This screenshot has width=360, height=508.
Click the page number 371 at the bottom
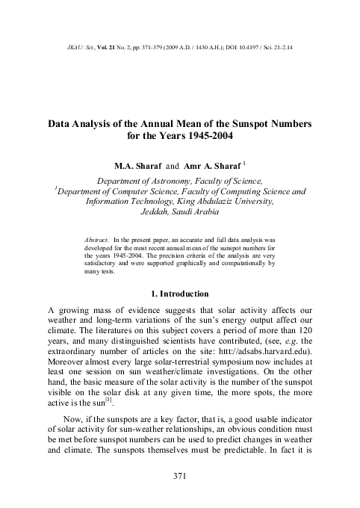179,476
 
